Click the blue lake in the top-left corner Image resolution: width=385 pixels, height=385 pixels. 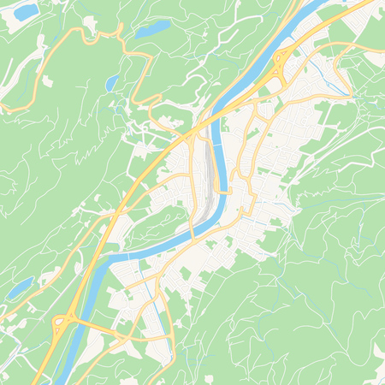(26, 11)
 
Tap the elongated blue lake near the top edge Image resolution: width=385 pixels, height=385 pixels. (153, 29)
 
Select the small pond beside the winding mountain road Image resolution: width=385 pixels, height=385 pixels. (112, 83)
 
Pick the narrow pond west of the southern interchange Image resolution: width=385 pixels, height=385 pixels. (19, 289)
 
